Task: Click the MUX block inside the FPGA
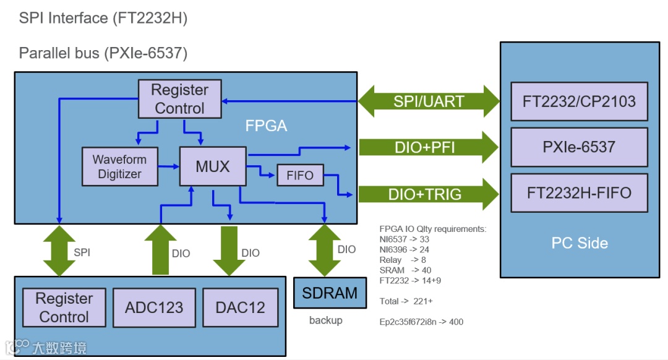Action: click(x=212, y=166)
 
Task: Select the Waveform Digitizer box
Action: click(x=119, y=167)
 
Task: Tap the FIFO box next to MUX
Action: click(x=300, y=175)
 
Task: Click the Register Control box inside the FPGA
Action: click(x=179, y=99)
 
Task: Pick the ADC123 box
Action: click(x=154, y=307)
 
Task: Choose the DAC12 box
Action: click(x=240, y=307)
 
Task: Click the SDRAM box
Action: click(x=330, y=293)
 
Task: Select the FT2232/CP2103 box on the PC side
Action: click(x=579, y=101)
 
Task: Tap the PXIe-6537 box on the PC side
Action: click(x=579, y=147)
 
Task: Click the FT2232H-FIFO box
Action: click(x=579, y=193)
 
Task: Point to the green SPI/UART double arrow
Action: click(x=429, y=101)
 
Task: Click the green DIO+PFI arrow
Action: click(x=429, y=147)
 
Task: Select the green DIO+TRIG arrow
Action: click(x=429, y=194)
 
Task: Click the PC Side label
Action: click(x=580, y=243)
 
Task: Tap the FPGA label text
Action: click(x=266, y=126)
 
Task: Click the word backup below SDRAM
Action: click(x=325, y=320)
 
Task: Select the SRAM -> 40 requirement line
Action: click(x=406, y=270)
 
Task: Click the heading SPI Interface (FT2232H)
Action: click(x=103, y=18)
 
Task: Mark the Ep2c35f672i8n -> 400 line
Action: click(x=421, y=322)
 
